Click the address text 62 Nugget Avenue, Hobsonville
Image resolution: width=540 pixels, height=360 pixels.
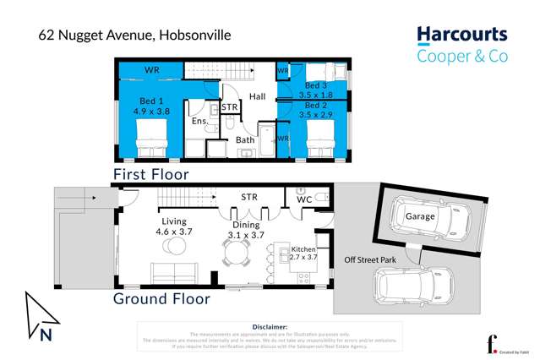pyautogui.click(x=134, y=35)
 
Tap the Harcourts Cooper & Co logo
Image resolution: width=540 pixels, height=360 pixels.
pyautogui.click(x=461, y=46)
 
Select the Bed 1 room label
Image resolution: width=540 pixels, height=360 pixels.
pyautogui.click(x=152, y=101)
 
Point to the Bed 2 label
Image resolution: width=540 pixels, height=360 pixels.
pyautogui.click(x=316, y=105)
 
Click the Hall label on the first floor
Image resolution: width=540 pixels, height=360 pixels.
pyautogui.click(x=257, y=96)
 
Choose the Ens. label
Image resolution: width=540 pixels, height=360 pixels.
pyautogui.click(x=199, y=122)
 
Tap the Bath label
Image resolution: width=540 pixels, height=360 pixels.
pyautogui.click(x=245, y=140)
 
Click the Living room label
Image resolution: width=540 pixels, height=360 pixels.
pyautogui.click(x=175, y=222)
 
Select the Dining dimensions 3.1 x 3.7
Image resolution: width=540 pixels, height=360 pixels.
pyautogui.click(x=246, y=236)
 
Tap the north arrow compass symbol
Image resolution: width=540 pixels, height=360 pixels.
pyautogui.click(x=42, y=317)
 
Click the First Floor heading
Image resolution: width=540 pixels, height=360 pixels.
pyautogui.click(x=151, y=173)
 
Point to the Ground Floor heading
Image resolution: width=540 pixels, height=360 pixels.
pyautogui.click(x=161, y=298)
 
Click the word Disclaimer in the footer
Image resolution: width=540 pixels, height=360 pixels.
pyautogui.click(x=270, y=326)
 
